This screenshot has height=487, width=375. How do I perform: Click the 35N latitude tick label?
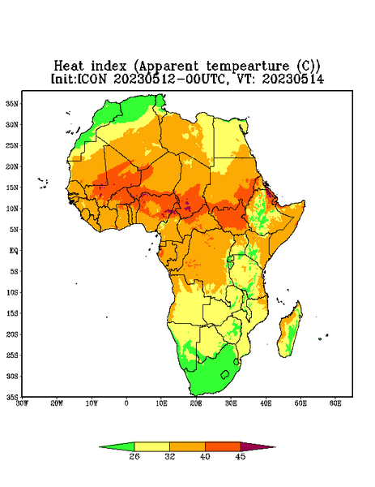tap(12, 104)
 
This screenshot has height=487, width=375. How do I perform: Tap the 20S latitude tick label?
tap(12, 334)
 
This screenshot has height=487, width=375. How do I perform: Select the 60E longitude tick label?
tap(335, 403)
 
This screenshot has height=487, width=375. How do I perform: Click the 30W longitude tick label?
tap(22, 403)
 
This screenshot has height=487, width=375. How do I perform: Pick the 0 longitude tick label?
tap(126, 403)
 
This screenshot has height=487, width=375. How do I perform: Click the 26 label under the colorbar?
tap(134, 456)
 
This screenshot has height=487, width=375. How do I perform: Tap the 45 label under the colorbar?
tap(241, 456)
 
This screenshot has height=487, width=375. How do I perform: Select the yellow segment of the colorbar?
tap(151, 446)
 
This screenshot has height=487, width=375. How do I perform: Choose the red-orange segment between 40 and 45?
tap(223, 446)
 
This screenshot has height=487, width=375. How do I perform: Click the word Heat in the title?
tap(69, 66)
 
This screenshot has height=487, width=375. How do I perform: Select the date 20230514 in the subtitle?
tap(293, 79)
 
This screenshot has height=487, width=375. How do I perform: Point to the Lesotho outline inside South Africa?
tap(225, 374)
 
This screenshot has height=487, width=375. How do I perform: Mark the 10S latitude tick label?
tap(12, 292)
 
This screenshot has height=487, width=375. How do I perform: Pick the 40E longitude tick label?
tap(266, 403)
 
